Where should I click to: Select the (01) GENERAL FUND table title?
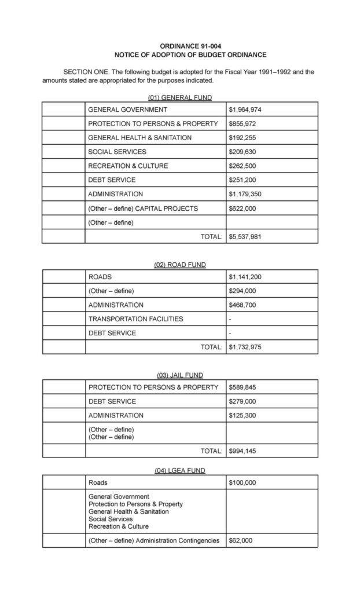(180, 97)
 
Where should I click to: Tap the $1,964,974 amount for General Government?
(245, 109)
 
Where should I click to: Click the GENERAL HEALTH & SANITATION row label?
(139, 138)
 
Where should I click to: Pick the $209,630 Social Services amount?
(243, 152)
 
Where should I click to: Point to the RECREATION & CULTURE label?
(128, 166)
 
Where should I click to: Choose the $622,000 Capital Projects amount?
(243, 208)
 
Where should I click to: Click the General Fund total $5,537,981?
(245, 236)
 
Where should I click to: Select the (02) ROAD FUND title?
(180, 265)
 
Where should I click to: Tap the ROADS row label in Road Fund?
(100, 277)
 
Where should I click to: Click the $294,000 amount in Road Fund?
(243, 291)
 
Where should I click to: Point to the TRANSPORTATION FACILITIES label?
(135, 319)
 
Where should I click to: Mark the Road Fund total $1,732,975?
(245, 347)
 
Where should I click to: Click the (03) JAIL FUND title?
(180, 375)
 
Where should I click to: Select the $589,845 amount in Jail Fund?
(243, 387)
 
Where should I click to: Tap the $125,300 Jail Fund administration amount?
(243, 415)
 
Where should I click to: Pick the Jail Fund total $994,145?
(243, 451)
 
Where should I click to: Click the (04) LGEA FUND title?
(180, 471)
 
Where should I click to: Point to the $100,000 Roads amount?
(243, 482)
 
